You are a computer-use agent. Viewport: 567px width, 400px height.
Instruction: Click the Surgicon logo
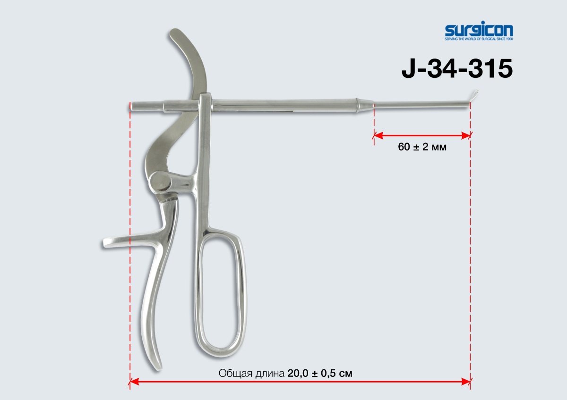point(479,31)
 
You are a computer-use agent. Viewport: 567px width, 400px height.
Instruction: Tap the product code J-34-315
point(457,68)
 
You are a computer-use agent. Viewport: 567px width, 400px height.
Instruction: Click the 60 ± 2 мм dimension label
point(422,147)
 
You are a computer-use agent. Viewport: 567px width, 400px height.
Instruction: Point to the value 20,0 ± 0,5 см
point(320,373)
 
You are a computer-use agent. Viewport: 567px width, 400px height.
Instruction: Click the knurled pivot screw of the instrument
point(161,181)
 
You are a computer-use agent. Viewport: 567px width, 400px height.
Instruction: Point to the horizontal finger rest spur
point(132,242)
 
